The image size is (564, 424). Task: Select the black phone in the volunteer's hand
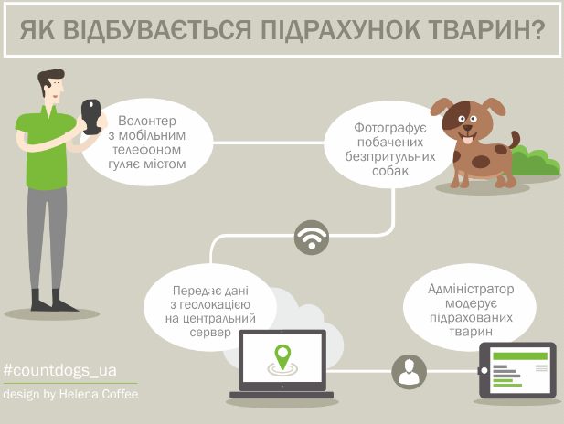click(91, 116)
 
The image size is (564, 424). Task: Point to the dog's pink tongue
click(467, 139)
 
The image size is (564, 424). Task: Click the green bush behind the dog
click(536, 163)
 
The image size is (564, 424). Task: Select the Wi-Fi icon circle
click(312, 238)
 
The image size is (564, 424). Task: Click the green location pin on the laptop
click(282, 356)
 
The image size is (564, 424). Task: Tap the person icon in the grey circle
click(409, 372)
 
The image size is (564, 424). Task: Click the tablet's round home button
click(484, 370)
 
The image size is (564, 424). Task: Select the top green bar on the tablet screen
click(520, 356)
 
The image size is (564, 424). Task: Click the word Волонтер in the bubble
click(147, 121)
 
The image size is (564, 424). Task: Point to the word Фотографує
click(390, 128)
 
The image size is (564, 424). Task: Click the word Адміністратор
click(471, 289)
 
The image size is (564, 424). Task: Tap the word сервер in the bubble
click(210, 333)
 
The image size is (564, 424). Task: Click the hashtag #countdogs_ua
click(59, 370)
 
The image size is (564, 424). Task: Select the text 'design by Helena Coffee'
click(70, 395)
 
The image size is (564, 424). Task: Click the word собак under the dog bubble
click(390, 171)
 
